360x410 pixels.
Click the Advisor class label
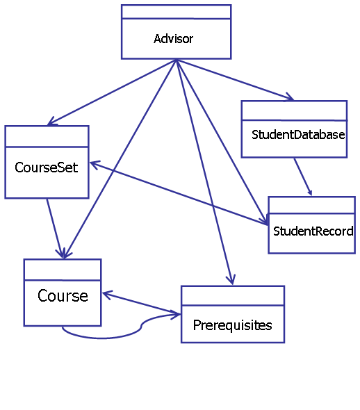point(173,39)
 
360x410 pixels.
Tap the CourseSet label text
point(47,167)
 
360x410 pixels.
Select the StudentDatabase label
point(298,135)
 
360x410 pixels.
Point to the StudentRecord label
point(313,231)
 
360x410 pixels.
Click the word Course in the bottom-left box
point(63,296)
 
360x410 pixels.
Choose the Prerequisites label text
point(232,326)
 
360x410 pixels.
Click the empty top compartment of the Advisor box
point(177,12)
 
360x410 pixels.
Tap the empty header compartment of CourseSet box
point(47,136)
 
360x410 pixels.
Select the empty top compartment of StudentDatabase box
point(294,110)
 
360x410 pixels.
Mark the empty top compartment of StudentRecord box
point(311,205)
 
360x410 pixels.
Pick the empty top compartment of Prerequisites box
point(233,296)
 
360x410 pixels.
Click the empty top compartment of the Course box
point(63,270)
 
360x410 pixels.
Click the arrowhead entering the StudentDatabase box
point(291,97)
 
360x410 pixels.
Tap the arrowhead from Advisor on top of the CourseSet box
point(51,122)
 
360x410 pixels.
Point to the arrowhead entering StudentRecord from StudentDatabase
point(310,192)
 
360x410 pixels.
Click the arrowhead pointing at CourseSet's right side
point(94,165)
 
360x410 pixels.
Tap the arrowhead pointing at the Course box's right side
point(107,295)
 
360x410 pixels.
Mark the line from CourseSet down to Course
point(55,229)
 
